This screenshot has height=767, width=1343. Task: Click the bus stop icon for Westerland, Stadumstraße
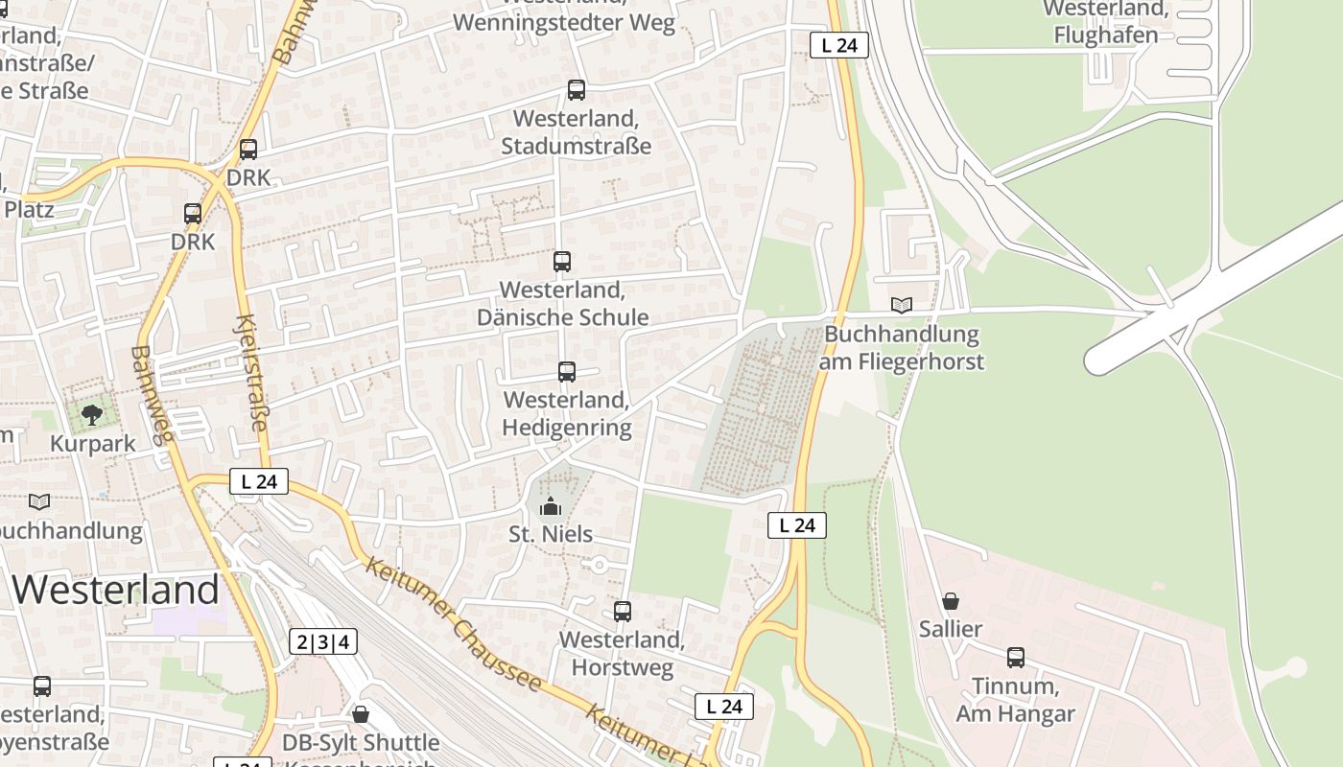tap(577, 90)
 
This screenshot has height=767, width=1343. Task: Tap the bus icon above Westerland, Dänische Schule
tap(562, 261)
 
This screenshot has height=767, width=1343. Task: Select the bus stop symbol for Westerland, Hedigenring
tap(567, 372)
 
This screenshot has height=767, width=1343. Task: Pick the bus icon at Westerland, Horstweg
tap(623, 611)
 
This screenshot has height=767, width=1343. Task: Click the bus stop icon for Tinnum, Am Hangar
tap(1016, 658)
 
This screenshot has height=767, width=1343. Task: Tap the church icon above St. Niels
tap(551, 505)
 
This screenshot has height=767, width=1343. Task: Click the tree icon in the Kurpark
tap(92, 415)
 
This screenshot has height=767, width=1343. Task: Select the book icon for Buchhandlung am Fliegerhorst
tap(901, 306)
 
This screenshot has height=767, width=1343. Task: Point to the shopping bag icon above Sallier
tap(951, 601)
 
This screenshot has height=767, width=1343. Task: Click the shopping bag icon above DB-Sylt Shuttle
tap(361, 714)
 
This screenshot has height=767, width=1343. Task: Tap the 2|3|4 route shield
tap(323, 641)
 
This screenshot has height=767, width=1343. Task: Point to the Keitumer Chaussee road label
tap(454, 623)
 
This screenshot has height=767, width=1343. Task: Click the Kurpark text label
tap(93, 444)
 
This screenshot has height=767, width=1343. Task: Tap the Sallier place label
tap(951, 629)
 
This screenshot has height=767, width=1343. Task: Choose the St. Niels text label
tap(551, 534)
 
